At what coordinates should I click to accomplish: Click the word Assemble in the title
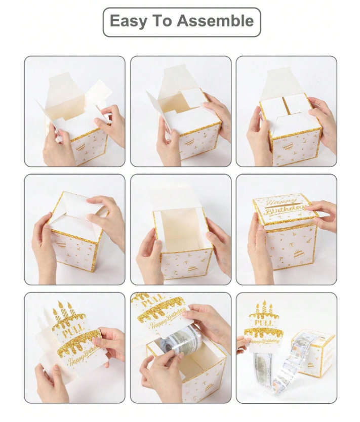(x=215, y=21)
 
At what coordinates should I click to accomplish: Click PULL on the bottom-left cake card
(x=73, y=330)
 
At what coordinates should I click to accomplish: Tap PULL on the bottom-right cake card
(x=264, y=322)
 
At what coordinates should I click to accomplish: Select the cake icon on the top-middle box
(x=189, y=143)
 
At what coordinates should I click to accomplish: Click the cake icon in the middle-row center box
(x=192, y=269)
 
